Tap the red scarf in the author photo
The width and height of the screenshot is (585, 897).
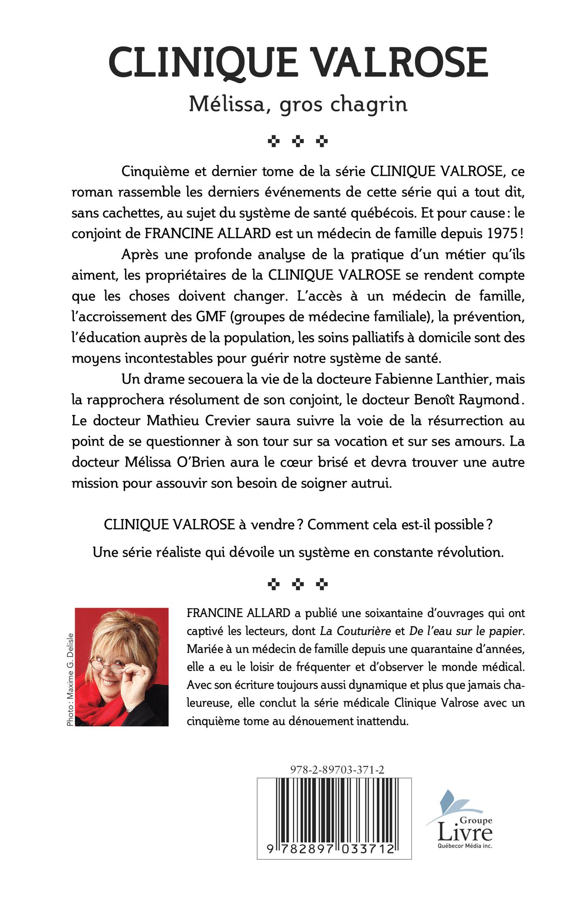click(100, 703)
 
